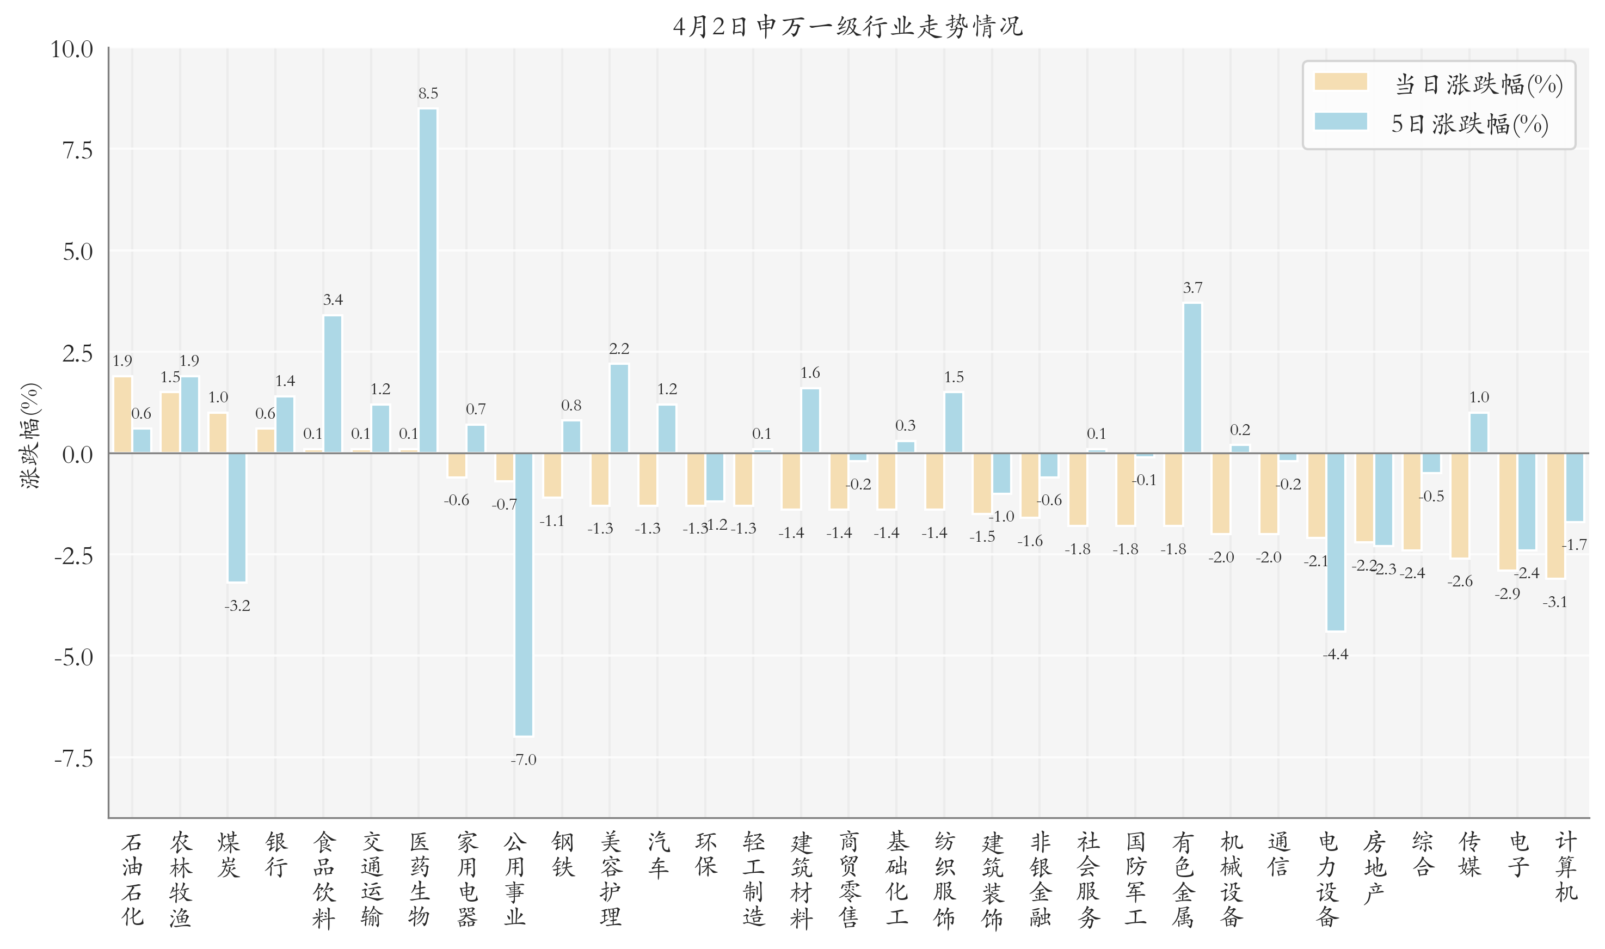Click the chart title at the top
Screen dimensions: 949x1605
[x=847, y=27]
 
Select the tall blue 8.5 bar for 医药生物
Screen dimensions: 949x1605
[x=428, y=281]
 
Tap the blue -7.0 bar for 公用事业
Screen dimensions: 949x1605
[x=524, y=595]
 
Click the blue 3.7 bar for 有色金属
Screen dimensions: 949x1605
[x=1192, y=378]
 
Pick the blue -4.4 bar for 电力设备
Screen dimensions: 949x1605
[x=1335, y=542]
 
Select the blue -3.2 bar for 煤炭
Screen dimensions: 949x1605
[x=237, y=517]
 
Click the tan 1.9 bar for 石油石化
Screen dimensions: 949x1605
[x=122, y=414]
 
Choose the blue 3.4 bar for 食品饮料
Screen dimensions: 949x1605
[x=333, y=384]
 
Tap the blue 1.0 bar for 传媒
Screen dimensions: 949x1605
[x=1478, y=433]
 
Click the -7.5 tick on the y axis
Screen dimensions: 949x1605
[x=73, y=759]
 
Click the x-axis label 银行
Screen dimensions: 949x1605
[x=276, y=854]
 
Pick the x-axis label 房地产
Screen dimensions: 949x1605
[x=1374, y=867]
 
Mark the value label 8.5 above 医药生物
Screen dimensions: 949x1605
[x=428, y=93]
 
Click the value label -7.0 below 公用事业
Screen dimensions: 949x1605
[x=524, y=760]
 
